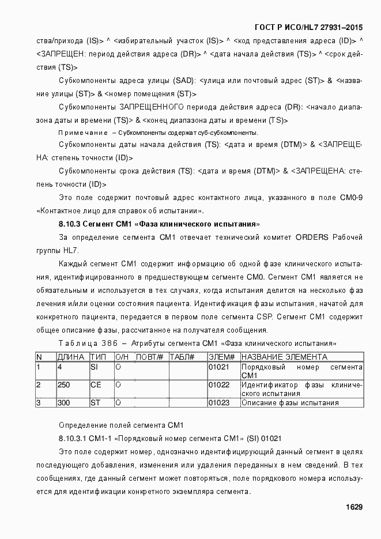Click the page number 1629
click(x=353, y=507)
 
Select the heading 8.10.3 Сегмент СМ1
click(x=159, y=223)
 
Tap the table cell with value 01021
click(x=218, y=367)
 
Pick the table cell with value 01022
click(x=218, y=385)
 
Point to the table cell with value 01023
click(x=218, y=403)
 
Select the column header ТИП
click(x=99, y=357)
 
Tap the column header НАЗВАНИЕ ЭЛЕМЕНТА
click(x=284, y=357)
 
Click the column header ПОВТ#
click(x=150, y=357)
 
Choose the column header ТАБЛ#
click(x=182, y=357)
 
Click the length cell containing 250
click(x=64, y=385)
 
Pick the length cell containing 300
click(x=64, y=403)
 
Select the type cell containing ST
click(x=95, y=403)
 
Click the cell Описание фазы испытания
click(x=289, y=403)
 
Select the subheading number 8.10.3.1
click(x=74, y=439)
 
